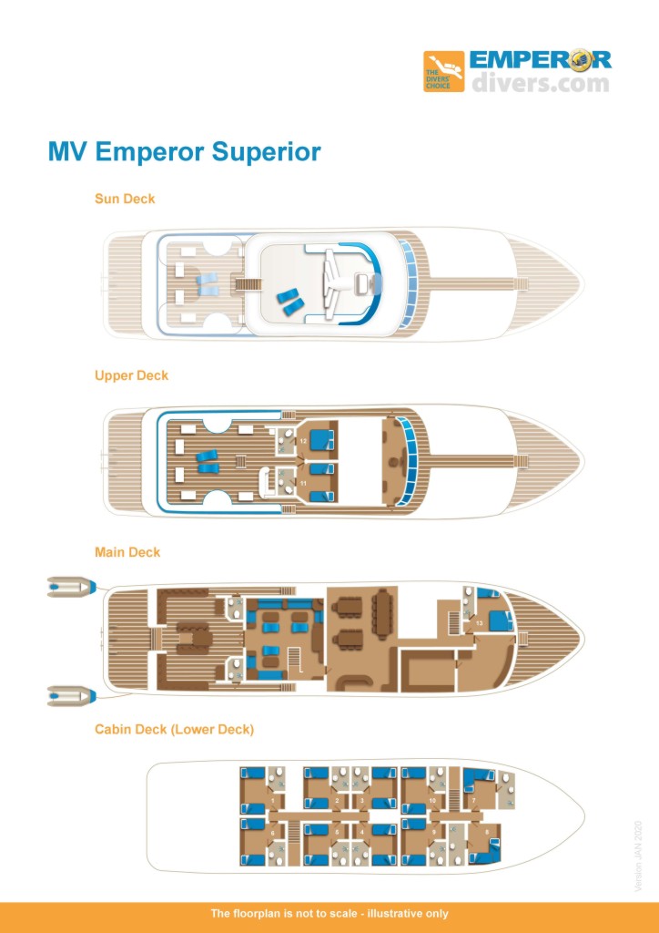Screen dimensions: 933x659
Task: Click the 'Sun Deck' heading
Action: point(125,199)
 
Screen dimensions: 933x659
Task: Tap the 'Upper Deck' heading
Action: point(131,375)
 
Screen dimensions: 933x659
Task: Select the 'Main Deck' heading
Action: point(127,552)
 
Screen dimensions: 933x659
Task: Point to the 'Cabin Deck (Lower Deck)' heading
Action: point(174,729)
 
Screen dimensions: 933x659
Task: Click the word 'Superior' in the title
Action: point(267,151)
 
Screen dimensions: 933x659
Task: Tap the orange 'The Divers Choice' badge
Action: point(443,72)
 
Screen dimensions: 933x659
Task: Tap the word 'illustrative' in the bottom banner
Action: point(386,914)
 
